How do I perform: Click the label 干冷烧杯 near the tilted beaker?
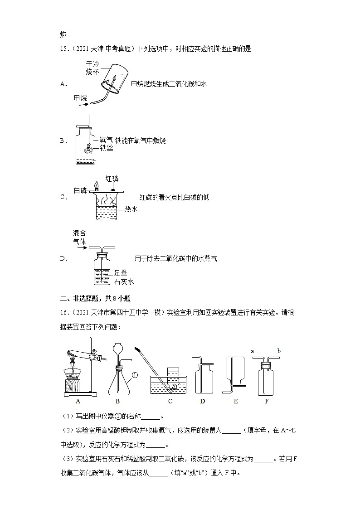92,68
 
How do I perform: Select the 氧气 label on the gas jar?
107,141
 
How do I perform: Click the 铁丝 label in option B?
107,148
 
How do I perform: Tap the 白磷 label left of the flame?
80,190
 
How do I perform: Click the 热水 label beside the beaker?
131,209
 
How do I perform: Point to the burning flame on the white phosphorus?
96,184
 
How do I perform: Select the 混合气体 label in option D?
79,237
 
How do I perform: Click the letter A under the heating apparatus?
78,401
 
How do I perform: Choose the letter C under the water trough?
170,401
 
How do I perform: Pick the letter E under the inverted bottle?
235,401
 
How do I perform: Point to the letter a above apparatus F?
252,350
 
